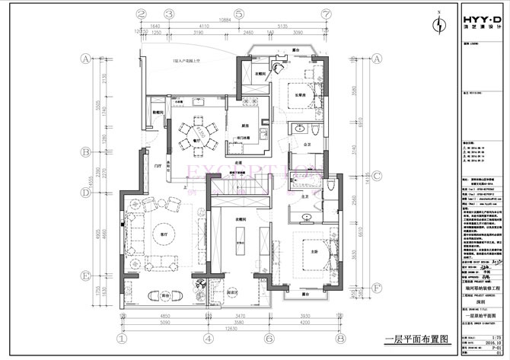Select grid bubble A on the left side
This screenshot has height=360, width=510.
click(87, 58)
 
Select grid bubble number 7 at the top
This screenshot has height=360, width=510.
click(326, 14)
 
